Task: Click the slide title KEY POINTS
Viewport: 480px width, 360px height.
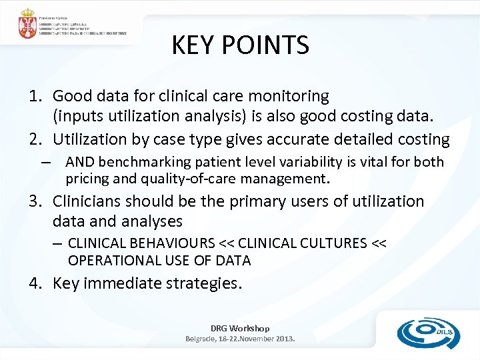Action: [x=240, y=45]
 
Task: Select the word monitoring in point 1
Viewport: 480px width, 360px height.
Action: [x=291, y=97]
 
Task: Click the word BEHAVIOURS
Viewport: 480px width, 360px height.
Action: [x=179, y=243]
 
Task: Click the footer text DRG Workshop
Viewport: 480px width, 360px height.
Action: [x=240, y=328]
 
